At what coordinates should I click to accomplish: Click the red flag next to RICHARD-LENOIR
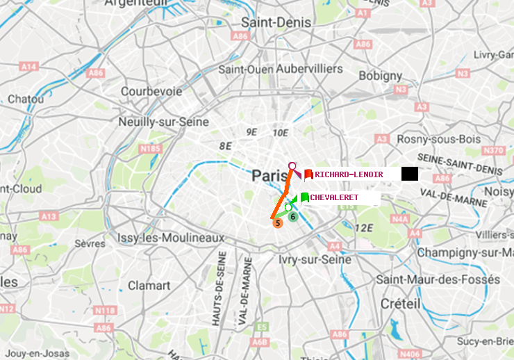[x=308, y=174]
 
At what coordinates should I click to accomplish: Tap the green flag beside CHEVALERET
[x=304, y=198]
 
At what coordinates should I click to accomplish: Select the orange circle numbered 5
[x=278, y=223]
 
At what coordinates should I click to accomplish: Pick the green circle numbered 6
[x=293, y=217]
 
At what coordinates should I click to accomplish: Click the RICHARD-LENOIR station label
[x=349, y=174]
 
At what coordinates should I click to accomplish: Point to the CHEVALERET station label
[x=334, y=198]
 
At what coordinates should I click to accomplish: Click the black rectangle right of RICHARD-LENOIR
[x=409, y=174]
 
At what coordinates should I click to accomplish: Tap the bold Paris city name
[x=269, y=174]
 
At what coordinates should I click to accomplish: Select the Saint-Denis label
[x=270, y=22]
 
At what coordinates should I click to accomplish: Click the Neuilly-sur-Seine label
[x=165, y=122]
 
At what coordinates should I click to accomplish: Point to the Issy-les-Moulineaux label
[x=170, y=238]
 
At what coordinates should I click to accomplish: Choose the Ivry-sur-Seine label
[x=315, y=259]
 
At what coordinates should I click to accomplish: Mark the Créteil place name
[x=400, y=304]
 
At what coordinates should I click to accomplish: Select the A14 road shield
[x=28, y=66]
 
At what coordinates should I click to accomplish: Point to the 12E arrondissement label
[x=365, y=227]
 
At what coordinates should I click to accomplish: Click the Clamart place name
[x=149, y=285]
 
